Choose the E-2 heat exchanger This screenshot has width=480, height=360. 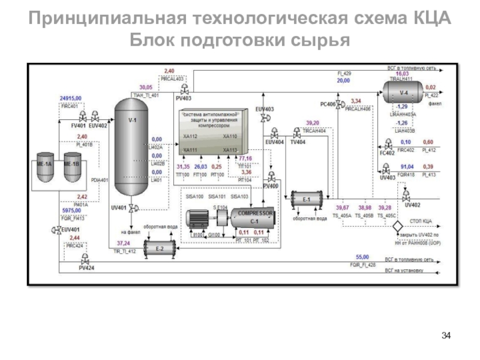pos(159,248)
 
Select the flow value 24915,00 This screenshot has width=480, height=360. pos(71,98)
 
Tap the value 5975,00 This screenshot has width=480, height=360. pos(71,211)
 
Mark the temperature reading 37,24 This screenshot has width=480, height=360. pos(123,243)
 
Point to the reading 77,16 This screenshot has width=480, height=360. pos(245,158)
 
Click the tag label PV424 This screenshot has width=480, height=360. pos(86,268)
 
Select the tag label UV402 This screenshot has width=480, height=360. pos(413,205)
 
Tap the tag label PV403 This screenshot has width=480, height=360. pos(184,98)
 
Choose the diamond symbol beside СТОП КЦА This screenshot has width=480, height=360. pos(397,227)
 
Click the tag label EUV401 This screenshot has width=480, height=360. pos(70,229)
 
